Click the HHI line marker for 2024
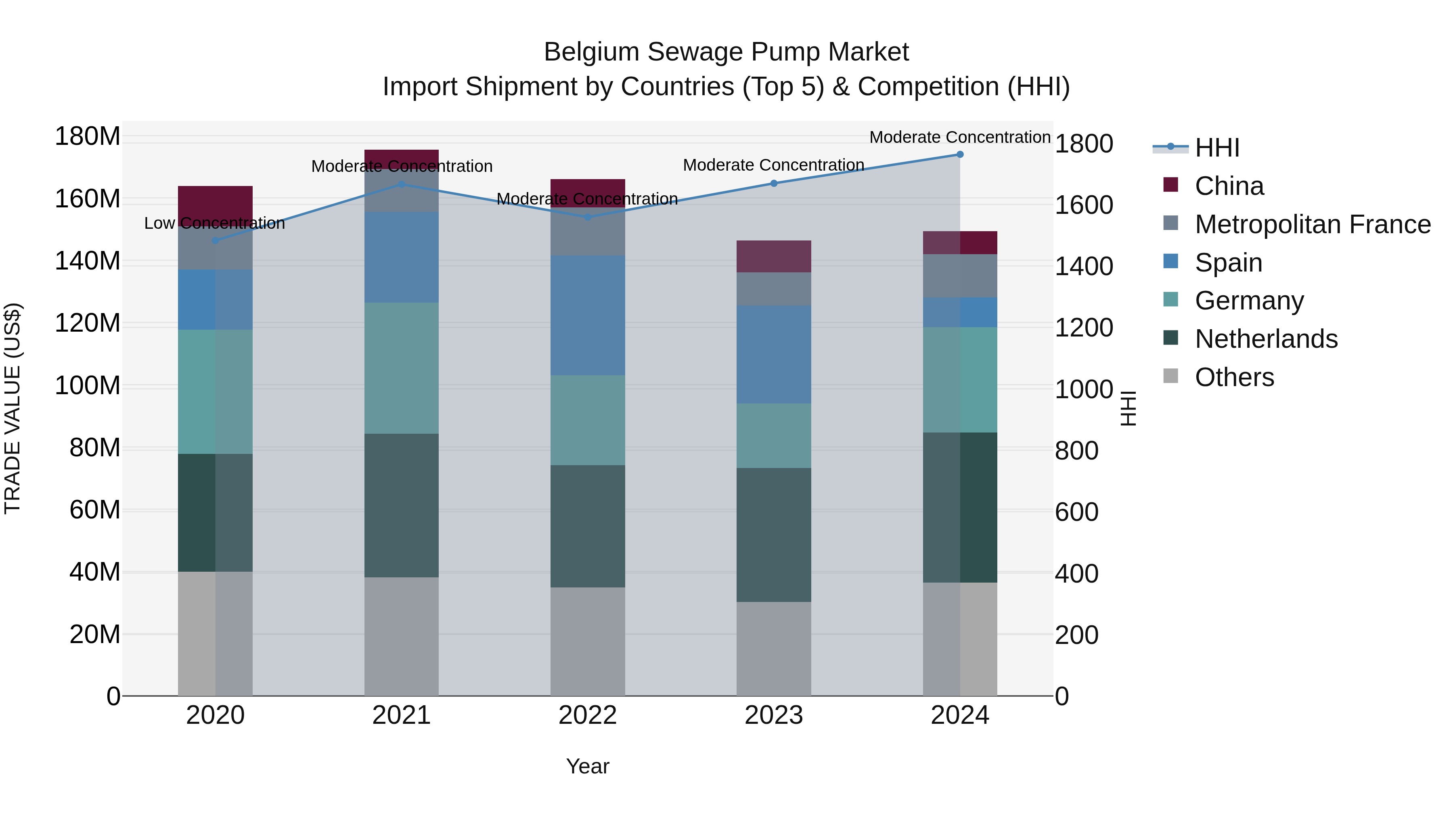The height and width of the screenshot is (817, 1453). [960, 155]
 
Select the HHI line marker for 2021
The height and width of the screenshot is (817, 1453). [402, 184]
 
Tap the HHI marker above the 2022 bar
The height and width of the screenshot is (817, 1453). [588, 217]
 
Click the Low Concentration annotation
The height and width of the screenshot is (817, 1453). [214, 223]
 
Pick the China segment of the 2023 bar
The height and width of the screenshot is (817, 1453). [774, 257]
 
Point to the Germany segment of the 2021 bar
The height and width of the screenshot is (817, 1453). [402, 368]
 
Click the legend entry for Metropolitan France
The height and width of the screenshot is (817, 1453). [1313, 224]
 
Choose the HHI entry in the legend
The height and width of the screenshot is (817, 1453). [1216, 148]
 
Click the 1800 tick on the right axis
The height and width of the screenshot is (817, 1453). [1084, 144]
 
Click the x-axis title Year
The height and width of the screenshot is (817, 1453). [588, 766]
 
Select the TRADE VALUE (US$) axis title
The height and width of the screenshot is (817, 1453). [13, 408]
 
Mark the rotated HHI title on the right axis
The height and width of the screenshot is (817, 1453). [1128, 408]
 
